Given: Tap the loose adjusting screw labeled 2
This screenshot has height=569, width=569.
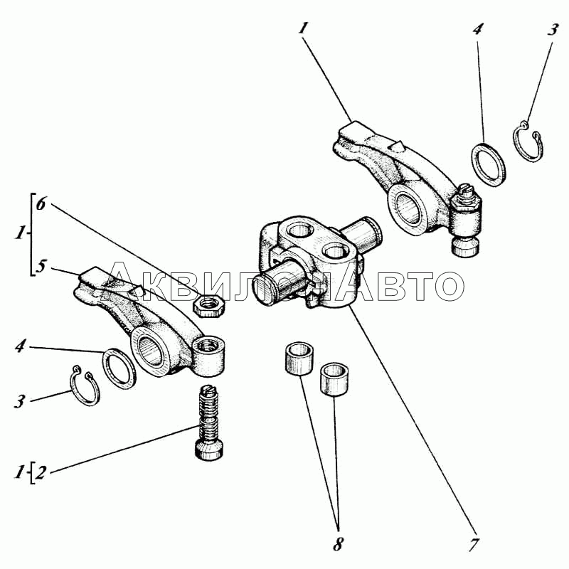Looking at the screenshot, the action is click(x=209, y=422).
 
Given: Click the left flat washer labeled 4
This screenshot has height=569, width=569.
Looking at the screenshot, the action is click(x=119, y=368).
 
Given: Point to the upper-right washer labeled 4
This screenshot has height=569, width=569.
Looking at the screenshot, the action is click(x=489, y=165).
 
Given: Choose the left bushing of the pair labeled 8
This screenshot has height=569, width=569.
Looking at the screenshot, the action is click(x=299, y=358).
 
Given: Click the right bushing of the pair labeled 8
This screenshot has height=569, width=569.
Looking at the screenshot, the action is click(x=334, y=379).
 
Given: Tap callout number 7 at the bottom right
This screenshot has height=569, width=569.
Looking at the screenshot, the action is click(x=473, y=544).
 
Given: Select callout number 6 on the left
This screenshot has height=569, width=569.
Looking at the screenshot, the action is click(x=41, y=203).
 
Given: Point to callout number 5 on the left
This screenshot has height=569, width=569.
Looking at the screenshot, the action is click(x=41, y=265).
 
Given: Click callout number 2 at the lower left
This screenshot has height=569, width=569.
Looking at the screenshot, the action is click(x=41, y=472).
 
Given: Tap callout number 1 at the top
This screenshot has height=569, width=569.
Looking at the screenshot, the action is click(x=304, y=28).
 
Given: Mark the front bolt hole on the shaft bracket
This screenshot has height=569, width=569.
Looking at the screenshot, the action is click(x=336, y=251).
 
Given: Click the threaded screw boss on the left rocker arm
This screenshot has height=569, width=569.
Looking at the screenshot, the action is click(x=208, y=356).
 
